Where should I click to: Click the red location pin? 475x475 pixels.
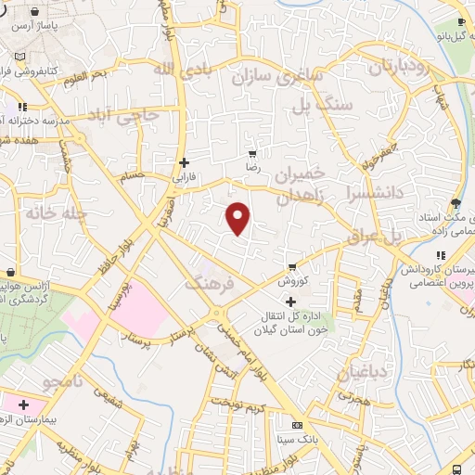pos(239,219)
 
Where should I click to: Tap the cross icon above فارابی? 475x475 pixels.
pos(186,161)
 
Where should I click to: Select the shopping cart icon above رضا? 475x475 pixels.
pos(251,154)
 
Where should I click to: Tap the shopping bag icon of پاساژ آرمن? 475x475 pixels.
pos(34,12)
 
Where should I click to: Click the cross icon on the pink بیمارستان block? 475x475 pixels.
pos(23,405)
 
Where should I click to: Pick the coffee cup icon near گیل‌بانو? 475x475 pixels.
pos(462,24)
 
